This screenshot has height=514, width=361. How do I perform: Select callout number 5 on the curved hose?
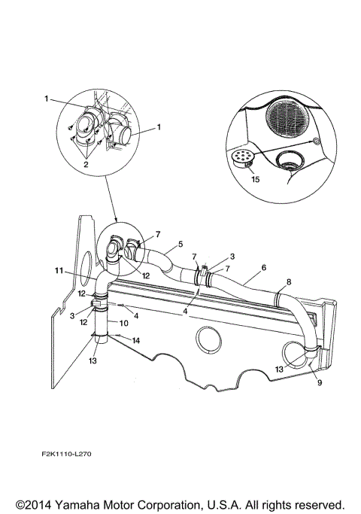(180, 245)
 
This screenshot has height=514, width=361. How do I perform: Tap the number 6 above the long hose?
(263, 267)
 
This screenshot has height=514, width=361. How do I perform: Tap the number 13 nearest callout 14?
(93, 361)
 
